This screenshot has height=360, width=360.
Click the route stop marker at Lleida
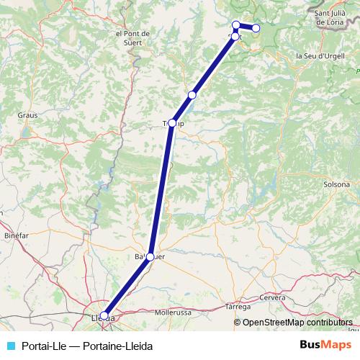[104, 315]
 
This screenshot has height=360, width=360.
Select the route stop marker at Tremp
[172, 123]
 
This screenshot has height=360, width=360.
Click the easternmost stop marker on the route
[256, 28]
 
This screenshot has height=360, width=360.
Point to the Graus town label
[28, 114]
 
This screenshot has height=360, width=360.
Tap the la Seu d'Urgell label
[320, 55]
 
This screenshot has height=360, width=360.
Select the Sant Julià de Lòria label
[333, 18]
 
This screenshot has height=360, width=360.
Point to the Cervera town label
[273, 297]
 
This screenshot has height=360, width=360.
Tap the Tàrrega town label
[238, 307]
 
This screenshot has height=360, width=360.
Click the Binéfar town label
[16, 235]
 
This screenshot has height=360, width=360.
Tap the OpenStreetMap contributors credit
[297, 323]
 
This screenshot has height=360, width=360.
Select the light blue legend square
[9, 345]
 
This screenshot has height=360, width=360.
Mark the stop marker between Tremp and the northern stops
[192, 95]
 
